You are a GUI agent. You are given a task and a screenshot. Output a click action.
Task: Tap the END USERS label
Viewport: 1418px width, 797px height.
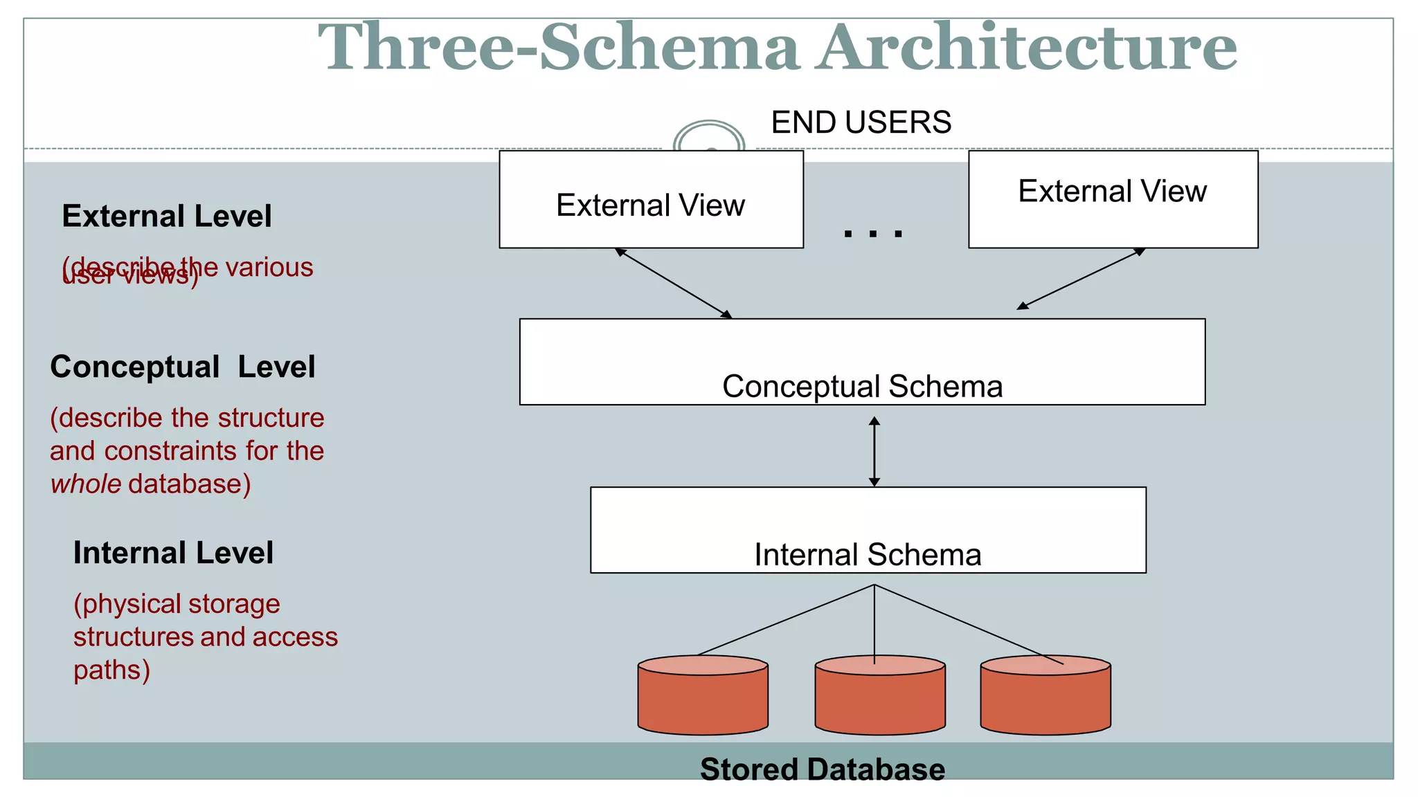[x=861, y=122]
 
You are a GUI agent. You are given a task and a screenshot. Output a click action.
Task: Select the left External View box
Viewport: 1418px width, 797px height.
[x=651, y=199]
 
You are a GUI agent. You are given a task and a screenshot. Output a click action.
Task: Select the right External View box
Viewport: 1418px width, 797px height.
[x=1113, y=199]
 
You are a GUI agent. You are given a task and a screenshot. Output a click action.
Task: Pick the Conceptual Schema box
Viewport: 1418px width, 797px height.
[x=862, y=362]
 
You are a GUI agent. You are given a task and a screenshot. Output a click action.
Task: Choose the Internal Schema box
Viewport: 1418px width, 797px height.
[x=868, y=530]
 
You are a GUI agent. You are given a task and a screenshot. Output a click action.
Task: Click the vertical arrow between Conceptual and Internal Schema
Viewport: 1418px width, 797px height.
[x=874, y=452]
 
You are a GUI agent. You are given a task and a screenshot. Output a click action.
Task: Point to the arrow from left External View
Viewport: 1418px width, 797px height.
[x=674, y=283]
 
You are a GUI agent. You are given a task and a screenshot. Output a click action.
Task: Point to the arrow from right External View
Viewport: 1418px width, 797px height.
[x=1080, y=279]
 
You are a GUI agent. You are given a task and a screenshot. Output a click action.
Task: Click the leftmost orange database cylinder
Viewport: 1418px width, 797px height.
[x=703, y=695]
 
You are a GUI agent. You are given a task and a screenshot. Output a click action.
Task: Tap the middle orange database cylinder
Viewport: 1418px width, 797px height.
[x=880, y=695]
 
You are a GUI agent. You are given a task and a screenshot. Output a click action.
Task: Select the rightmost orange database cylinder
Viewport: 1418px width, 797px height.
[x=1045, y=695]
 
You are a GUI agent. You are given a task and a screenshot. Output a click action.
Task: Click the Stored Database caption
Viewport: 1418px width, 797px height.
[x=822, y=769]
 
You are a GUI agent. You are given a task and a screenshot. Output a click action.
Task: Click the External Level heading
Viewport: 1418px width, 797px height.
[x=167, y=217]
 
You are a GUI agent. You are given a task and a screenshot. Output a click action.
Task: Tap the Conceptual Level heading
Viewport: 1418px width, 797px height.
[x=183, y=367]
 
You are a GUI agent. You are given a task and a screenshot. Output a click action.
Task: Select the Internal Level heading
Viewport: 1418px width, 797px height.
[x=173, y=553]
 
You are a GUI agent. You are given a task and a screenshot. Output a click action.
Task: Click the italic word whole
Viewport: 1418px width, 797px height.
[x=86, y=484]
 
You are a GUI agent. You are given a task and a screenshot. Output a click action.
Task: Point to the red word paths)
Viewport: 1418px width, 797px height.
[x=111, y=670]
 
